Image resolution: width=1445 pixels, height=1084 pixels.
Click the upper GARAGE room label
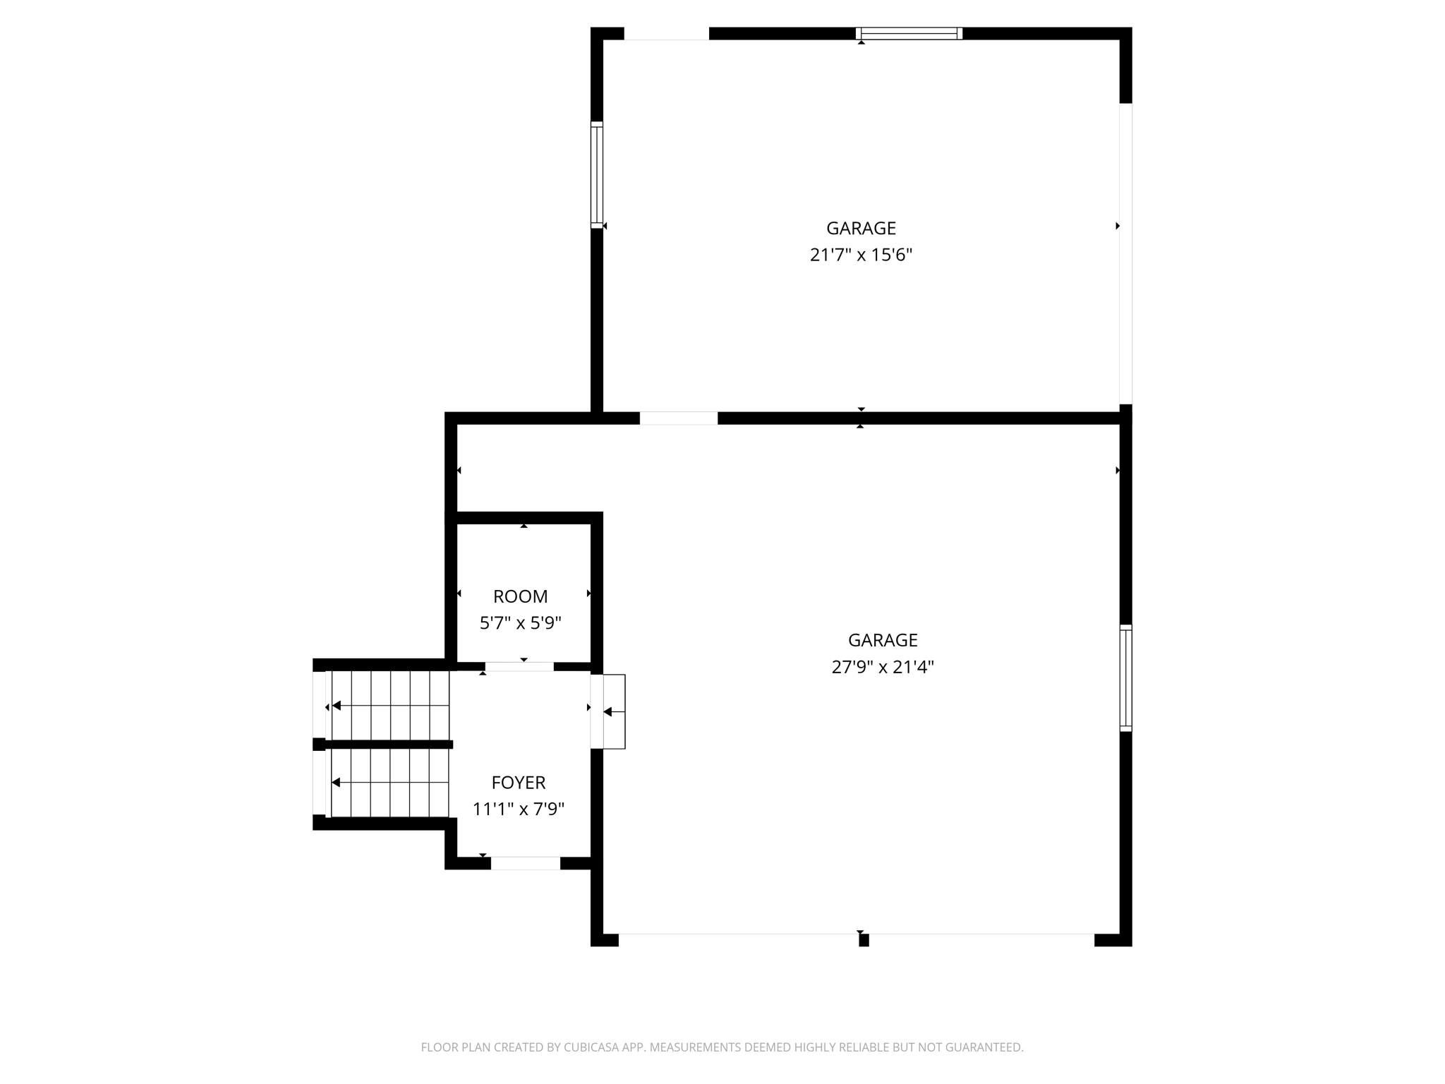(x=861, y=228)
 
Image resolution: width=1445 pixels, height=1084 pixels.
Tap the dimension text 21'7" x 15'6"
(x=861, y=255)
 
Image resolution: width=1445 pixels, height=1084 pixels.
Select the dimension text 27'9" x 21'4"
(x=882, y=667)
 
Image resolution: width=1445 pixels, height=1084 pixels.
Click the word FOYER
(x=519, y=782)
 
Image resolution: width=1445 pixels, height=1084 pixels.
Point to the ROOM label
(x=520, y=596)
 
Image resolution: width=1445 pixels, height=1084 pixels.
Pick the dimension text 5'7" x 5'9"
(x=520, y=623)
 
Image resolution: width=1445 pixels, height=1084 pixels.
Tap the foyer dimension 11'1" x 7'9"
(x=519, y=809)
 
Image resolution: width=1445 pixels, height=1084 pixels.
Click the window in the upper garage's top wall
(x=909, y=33)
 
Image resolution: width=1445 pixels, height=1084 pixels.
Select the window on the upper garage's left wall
(x=597, y=174)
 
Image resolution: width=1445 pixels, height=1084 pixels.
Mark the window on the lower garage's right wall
(x=1125, y=677)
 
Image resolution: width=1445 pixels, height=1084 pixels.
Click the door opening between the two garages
(x=678, y=418)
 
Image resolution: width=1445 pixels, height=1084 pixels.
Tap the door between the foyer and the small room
(x=519, y=666)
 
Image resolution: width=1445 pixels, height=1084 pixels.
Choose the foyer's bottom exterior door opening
(x=526, y=863)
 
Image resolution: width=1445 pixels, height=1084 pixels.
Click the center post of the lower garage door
(x=864, y=939)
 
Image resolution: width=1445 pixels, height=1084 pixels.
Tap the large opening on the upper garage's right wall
(x=1125, y=254)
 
